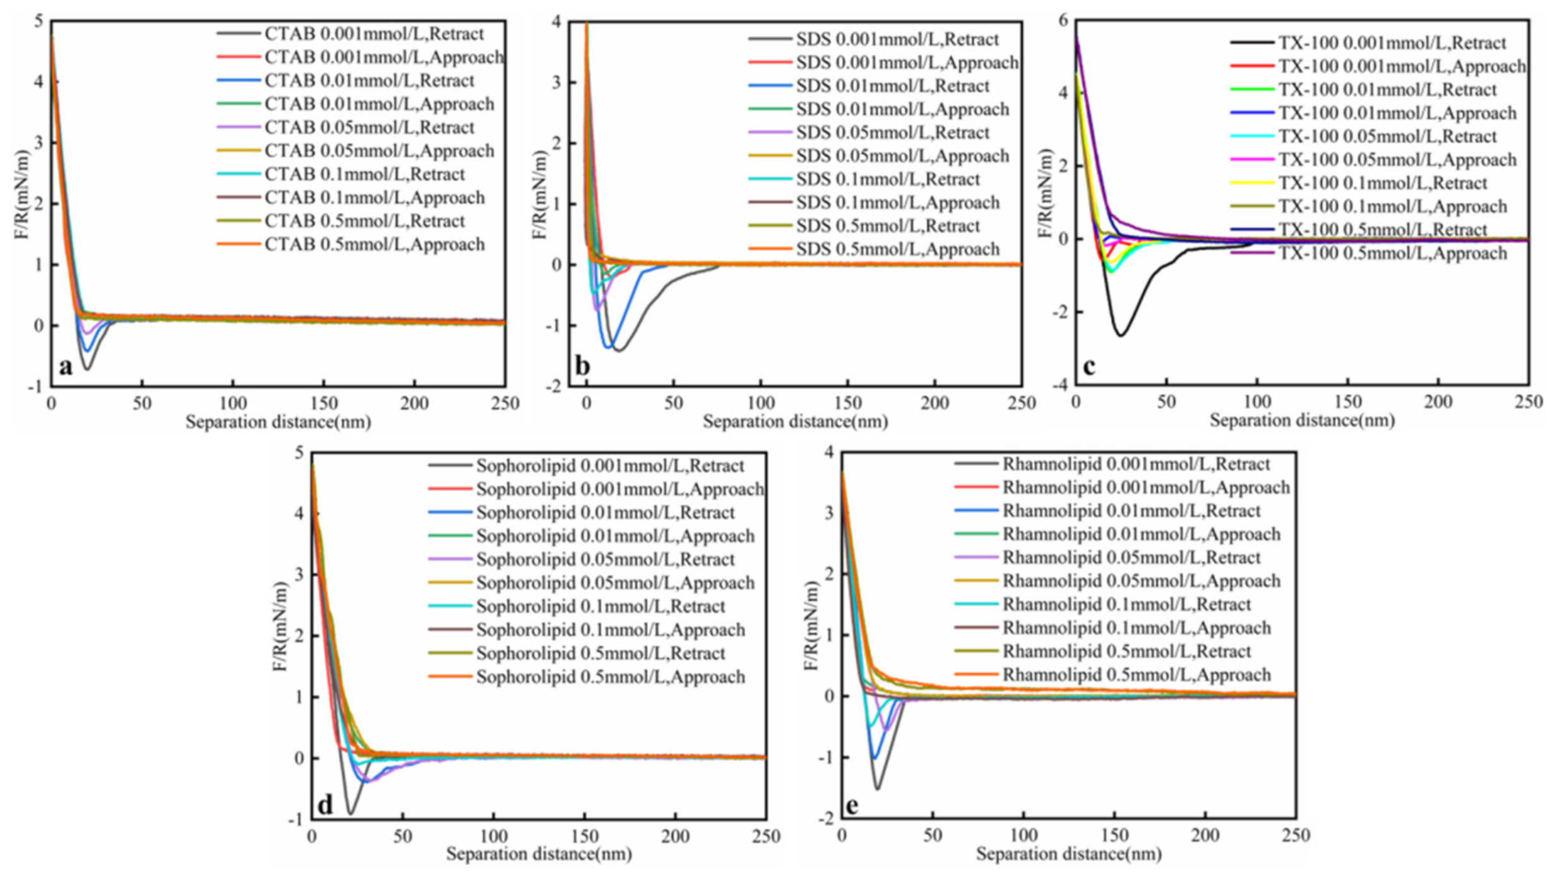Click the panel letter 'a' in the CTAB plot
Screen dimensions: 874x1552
65,367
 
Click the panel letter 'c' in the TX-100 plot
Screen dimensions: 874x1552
1089,367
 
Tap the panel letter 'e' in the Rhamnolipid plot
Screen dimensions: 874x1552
852,806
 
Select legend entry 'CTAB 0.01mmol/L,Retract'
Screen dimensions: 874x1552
369,81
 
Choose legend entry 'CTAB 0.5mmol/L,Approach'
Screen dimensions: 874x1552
374,244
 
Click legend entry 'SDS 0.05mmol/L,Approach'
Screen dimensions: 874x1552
902,156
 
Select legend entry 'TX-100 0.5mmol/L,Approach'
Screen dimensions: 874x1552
1392,253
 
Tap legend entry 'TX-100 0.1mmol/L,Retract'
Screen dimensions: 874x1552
1382,183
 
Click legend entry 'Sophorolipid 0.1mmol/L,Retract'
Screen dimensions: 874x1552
600,606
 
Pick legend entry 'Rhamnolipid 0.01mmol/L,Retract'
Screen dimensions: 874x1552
1131,510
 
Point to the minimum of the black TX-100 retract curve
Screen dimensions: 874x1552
1121,335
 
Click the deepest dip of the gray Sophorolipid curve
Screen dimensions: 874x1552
351,813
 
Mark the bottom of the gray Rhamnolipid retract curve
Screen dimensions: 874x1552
878,789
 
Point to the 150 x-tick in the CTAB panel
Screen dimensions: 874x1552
323,404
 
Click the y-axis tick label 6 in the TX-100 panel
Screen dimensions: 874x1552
1063,21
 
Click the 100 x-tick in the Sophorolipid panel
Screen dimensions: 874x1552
493,837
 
